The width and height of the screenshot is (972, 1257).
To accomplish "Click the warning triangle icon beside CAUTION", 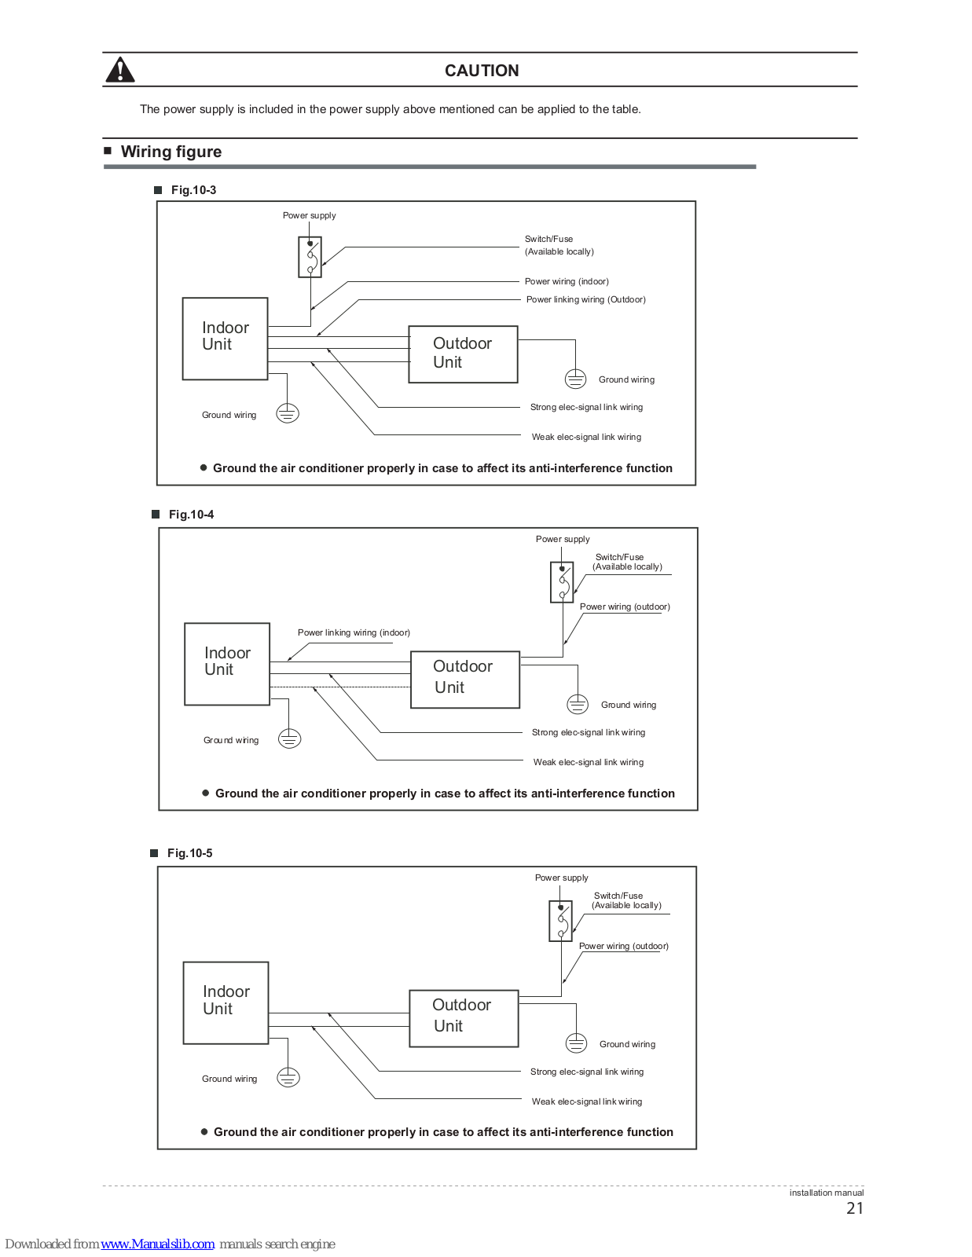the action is [x=119, y=70].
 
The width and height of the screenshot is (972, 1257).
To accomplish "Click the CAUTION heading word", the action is [x=482, y=71].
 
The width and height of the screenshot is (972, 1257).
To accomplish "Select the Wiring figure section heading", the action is [x=171, y=152].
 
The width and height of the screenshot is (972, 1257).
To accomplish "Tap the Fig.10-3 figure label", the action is [x=193, y=190].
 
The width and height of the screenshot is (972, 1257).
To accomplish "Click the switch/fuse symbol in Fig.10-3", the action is [x=310, y=257].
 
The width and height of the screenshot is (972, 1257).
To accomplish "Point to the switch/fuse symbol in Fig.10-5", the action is [x=560, y=921].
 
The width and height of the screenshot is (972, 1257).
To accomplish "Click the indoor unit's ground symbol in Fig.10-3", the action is [x=288, y=413].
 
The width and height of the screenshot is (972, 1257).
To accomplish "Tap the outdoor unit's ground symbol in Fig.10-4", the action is [x=578, y=704].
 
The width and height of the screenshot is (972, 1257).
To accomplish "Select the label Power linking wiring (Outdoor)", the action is [x=585, y=299].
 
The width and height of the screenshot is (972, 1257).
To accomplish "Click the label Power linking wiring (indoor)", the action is [x=354, y=632].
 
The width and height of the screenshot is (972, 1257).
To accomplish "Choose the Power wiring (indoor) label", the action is [x=567, y=282].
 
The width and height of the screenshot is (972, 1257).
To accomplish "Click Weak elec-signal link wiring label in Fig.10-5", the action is [x=587, y=1101].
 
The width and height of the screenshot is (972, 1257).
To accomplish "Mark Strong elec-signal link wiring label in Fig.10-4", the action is [x=589, y=732].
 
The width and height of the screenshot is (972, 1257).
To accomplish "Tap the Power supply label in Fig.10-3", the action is [x=309, y=215].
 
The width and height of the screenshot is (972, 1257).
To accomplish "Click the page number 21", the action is [x=855, y=1208].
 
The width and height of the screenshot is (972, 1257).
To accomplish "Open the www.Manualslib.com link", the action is [x=157, y=1244].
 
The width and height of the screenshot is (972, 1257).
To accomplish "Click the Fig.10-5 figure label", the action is [x=190, y=853].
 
